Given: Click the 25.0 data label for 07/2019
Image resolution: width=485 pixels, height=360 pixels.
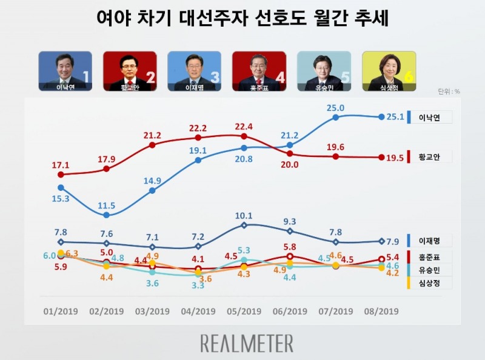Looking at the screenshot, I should pyautogui.click(x=336, y=108).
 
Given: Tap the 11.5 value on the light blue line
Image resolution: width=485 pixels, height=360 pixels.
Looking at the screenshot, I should pyautogui.click(x=107, y=205).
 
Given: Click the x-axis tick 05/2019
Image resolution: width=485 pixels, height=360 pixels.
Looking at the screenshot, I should pyautogui.click(x=244, y=312).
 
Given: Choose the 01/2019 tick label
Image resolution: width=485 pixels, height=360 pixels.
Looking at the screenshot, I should pyautogui.click(x=61, y=312).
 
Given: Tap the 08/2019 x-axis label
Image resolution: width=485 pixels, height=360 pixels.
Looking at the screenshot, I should pyautogui.click(x=381, y=312).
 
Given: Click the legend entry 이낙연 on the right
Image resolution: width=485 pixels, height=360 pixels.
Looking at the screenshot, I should pyautogui.click(x=431, y=118).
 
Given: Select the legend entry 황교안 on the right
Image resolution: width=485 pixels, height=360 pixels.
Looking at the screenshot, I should pyautogui.click(x=431, y=158).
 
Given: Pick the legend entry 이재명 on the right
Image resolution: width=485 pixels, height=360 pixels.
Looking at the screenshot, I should pyautogui.click(x=431, y=241).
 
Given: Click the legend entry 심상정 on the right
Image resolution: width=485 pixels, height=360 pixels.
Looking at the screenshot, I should pyautogui.click(x=431, y=282).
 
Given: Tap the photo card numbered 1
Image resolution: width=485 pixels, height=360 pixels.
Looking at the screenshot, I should pyautogui.click(x=65, y=71).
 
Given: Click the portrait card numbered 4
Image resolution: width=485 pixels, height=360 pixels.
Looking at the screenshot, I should pyautogui.click(x=259, y=71).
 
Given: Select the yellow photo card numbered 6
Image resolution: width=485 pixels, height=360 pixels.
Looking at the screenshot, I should pyautogui.click(x=389, y=71).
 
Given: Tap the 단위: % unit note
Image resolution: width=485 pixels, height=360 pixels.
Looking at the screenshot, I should pyautogui.click(x=449, y=92).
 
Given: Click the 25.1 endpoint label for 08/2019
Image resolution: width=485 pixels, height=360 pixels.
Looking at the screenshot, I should pyautogui.click(x=398, y=117).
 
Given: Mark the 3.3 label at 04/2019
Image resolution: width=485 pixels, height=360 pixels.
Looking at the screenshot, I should pyautogui.click(x=198, y=284).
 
